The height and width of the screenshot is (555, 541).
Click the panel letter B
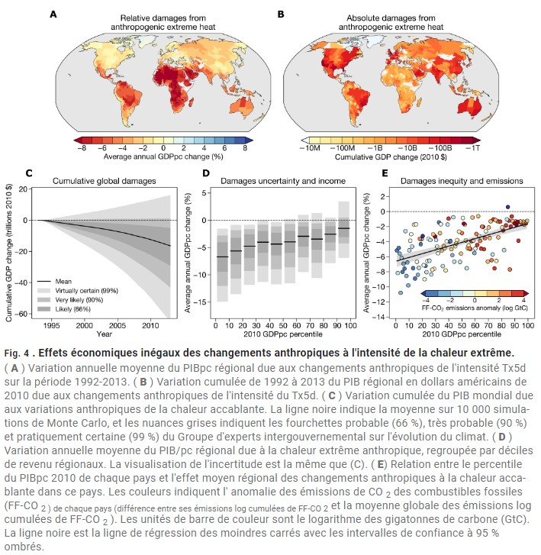(x=281, y=14)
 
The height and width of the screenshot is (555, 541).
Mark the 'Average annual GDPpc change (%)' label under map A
(x=163, y=156)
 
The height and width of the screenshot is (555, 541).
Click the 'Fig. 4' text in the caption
(x=18, y=352)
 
